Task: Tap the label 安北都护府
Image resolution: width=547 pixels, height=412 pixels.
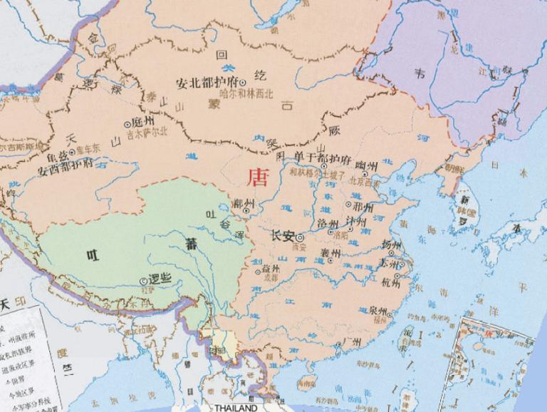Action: (206, 83)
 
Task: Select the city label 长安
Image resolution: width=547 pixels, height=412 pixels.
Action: (283, 236)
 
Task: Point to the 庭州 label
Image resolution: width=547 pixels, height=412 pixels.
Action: (143, 122)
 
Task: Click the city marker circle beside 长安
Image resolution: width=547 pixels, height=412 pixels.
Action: (300, 237)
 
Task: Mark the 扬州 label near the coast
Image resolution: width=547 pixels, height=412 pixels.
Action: (391, 244)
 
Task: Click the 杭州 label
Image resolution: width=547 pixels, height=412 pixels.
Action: (391, 282)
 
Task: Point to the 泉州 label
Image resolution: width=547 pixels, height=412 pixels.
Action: (380, 312)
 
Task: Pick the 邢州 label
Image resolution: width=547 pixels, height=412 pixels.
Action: (363, 207)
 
